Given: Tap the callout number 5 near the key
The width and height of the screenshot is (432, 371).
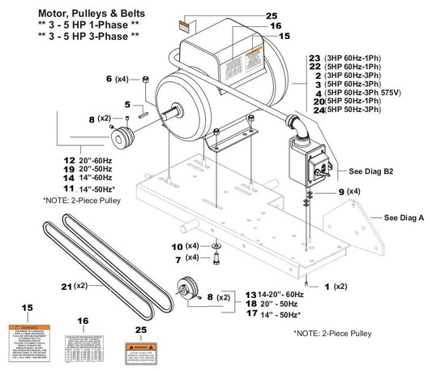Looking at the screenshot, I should coord(128,104).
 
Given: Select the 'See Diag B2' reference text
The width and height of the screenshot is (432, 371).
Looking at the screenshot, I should coord(370,172).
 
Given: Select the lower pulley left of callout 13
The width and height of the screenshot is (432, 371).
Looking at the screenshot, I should coord(186,290).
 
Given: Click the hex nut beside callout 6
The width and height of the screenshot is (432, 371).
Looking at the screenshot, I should coord(144,78).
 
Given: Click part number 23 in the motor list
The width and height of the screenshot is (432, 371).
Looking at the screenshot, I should coord(314,58).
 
